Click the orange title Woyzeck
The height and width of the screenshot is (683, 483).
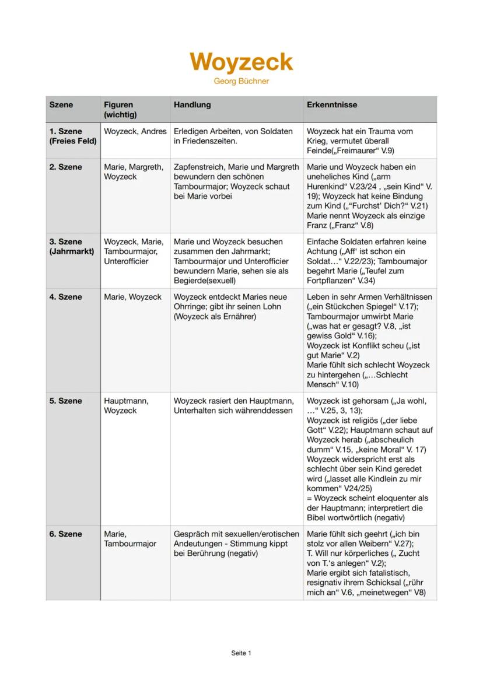(241, 62)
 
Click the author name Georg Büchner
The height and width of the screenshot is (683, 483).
(241, 81)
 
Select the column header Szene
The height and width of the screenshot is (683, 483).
(61, 105)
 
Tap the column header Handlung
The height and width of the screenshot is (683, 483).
(192, 105)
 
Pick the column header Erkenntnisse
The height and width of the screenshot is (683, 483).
(332, 105)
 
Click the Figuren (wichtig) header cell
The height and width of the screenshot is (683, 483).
(120, 110)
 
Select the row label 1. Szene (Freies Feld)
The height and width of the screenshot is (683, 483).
(73, 136)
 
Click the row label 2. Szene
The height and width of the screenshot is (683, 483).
(65, 167)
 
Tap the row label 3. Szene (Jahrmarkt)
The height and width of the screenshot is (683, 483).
(73, 246)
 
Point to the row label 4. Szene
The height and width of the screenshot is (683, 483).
(65, 297)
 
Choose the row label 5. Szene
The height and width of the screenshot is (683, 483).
(65, 401)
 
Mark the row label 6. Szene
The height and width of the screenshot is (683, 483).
(65, 534)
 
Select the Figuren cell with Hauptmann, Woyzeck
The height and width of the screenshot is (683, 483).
(126, 405)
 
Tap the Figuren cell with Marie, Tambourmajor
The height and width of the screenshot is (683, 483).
(130, 538)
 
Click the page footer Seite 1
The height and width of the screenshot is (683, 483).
(241, 653)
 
